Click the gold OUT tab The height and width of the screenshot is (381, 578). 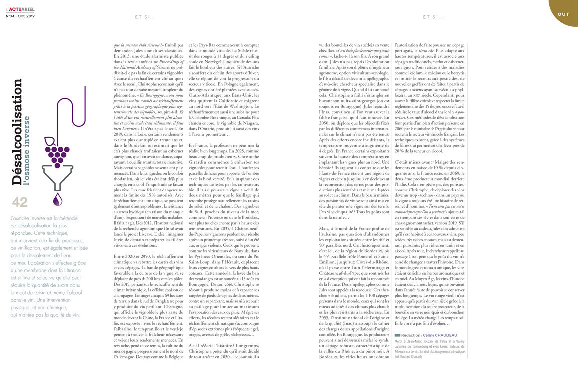(x=563, y=14)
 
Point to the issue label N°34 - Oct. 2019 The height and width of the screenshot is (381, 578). (x=20, y=15)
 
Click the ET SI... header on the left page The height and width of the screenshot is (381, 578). (x=145, y=17)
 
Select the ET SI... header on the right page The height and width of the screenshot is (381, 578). (x=433, y=17)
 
